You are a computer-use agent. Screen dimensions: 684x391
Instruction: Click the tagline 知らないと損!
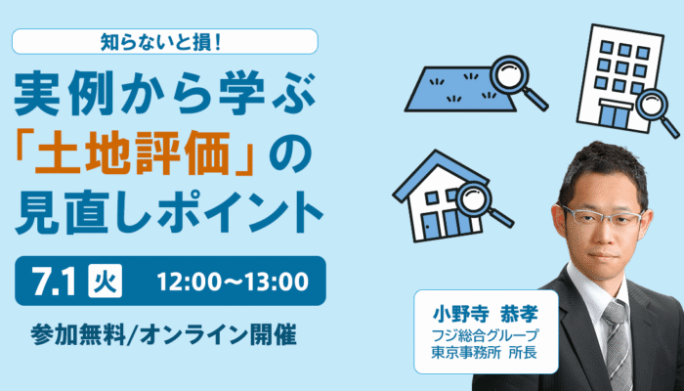(x=162, y=42)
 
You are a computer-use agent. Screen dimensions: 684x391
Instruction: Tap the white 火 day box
(x=106, y=282)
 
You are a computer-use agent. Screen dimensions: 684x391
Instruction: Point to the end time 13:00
(x=280, y=282)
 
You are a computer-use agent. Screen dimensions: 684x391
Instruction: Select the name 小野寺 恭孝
(x=486, y=314)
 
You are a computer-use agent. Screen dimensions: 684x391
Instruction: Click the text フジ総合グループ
(x=486, y=336)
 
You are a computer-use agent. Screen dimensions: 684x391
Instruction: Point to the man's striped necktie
(x=618, y=345)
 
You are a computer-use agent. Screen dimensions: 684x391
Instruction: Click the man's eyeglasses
(x=602, y=216)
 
